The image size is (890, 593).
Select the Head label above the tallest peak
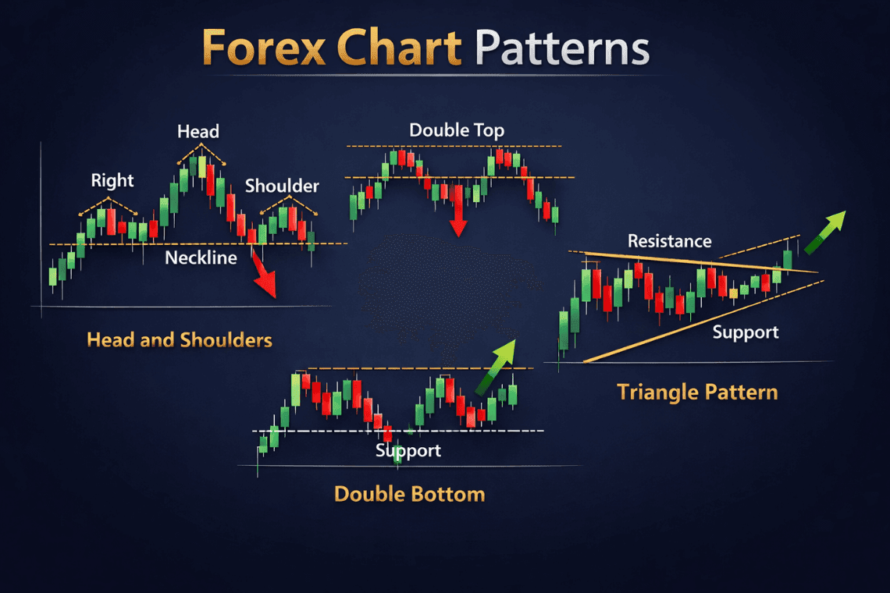tap(198, 131)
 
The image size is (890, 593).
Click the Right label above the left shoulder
tap(112, 181)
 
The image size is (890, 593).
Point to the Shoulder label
tap(282, 186)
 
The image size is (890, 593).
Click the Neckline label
tap(201, 257)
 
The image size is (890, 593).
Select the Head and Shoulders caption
tap(180, 340)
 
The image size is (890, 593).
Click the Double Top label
tap(457, 130)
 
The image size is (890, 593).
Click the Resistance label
tap(670, 241)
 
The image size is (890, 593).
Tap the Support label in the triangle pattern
tap(746, 332)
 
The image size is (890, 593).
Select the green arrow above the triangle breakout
tap(825, 231)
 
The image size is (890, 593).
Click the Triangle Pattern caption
tap(697, 391)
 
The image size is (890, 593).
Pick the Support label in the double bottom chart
tap(408, 450)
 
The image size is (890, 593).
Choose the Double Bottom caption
tap(409, 494)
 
